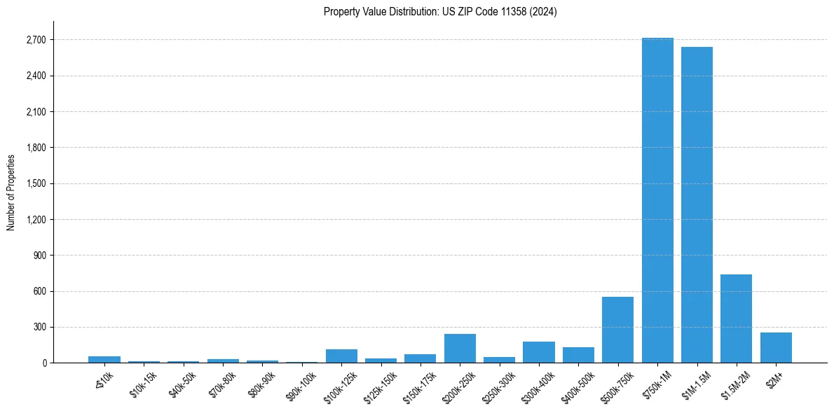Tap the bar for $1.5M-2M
[x=736, y=318]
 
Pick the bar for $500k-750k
[x=617, y=330]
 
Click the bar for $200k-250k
[x=460, y=348]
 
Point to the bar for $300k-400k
[x=539, y=352]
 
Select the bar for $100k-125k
[x=341, y=356]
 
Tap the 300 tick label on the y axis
[x=39, y=327]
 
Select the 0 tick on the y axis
[x=43, y=363]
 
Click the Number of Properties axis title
[x=11, y=192]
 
